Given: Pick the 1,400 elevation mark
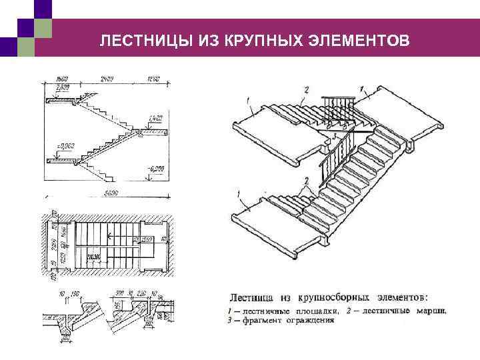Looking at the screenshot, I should pos(155,118).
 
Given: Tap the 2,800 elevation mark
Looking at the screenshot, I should pos(62,87).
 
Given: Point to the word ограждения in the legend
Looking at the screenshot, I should pos(309,320).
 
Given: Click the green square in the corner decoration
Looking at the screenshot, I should pos(42,28).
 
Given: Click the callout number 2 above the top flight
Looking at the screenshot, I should pos(306,89).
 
